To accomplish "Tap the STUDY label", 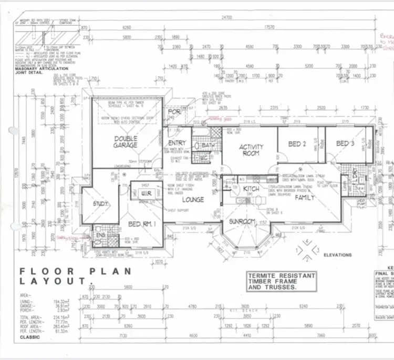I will (100, 203).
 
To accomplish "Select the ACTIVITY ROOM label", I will (251, 150).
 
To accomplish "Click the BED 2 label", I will (297, 144).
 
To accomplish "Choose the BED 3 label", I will (345, 143).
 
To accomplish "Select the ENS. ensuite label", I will (100, 236).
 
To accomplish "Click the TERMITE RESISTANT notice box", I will (282, 282).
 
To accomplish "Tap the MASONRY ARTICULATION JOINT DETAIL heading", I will (42, 71).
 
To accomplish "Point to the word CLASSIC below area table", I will (30, 337).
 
